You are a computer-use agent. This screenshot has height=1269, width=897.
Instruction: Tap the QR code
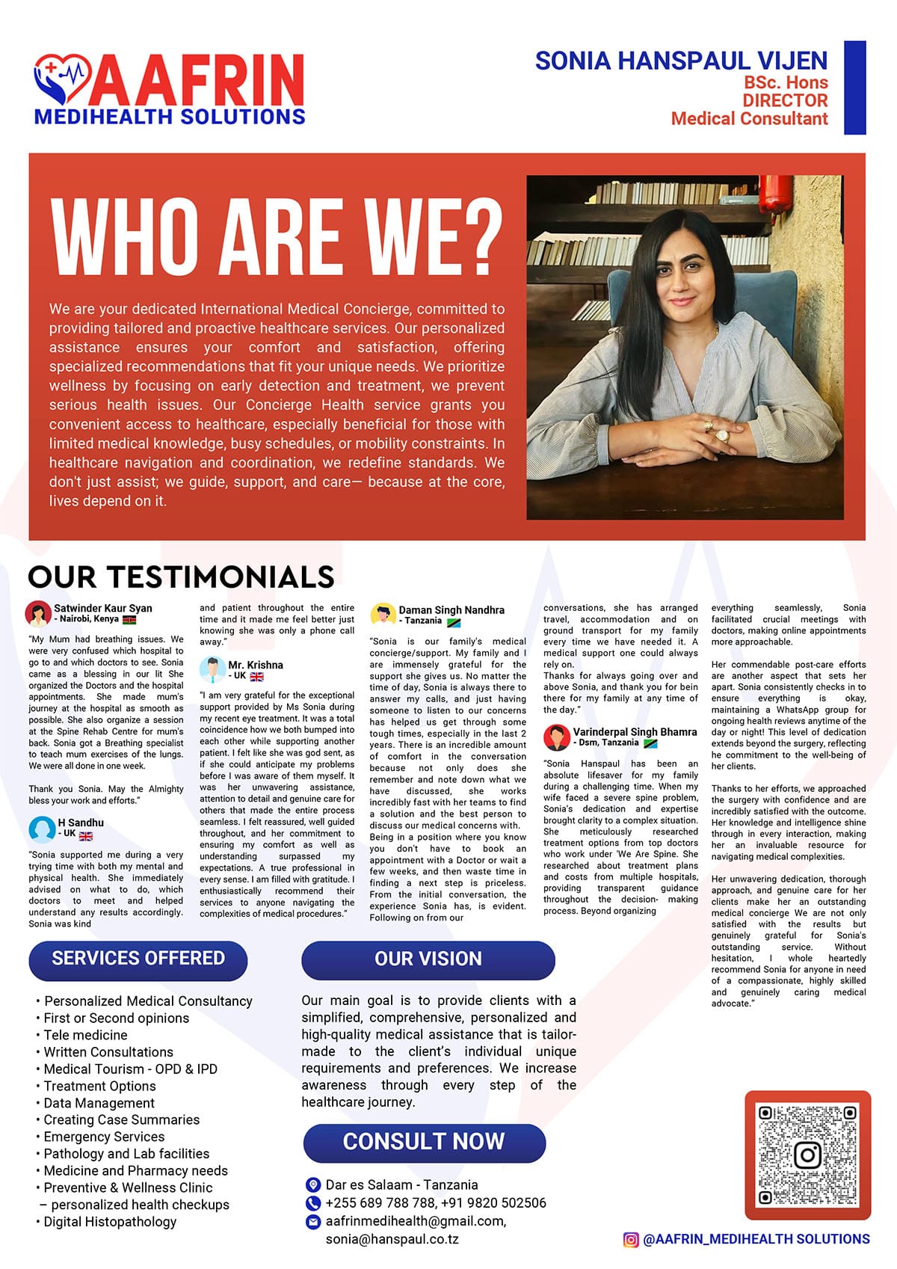807,1155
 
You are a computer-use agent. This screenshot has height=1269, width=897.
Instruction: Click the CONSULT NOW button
424,1142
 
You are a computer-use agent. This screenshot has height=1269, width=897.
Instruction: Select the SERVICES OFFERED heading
138,959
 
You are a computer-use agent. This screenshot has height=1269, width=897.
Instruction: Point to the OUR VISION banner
428,959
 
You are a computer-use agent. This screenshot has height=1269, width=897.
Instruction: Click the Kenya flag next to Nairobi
129,619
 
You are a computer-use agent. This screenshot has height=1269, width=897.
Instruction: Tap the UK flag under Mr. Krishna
256,677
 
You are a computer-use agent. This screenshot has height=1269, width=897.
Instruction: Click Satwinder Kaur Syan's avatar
38,613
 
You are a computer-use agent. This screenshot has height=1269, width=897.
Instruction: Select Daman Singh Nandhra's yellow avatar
383,615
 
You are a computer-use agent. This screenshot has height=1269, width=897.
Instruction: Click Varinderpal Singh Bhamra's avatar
557,737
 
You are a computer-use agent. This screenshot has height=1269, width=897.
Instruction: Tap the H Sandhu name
81,823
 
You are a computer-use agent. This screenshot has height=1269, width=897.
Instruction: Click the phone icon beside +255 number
313,1203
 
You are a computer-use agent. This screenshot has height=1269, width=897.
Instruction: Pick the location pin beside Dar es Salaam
313,1185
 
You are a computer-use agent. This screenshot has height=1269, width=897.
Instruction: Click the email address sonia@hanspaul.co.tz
392,1239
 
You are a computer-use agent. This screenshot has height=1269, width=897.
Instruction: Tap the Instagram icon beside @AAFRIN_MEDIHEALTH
631,1239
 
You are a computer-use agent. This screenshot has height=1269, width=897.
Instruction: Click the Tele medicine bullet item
85,1035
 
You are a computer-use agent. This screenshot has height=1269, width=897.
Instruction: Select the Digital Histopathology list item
110,1222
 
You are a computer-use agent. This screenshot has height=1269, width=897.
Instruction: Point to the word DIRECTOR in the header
785,100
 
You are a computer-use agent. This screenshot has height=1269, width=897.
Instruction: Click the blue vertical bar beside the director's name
854,87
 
